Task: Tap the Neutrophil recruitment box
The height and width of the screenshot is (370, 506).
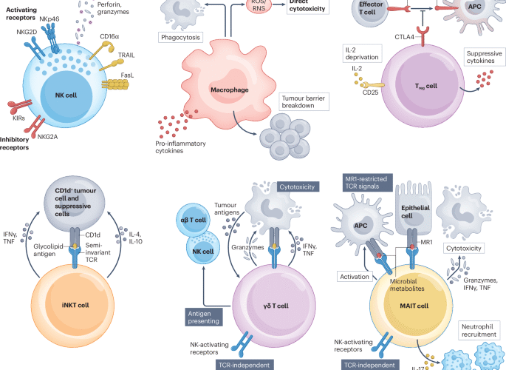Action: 475,330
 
